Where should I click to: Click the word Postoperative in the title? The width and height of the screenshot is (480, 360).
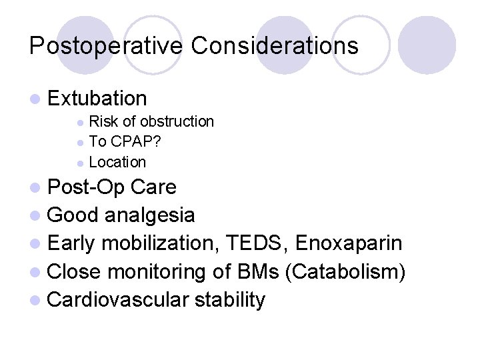point(107,46)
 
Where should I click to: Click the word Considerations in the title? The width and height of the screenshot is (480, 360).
point(275,46)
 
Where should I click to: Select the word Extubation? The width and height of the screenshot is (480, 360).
point(97,99)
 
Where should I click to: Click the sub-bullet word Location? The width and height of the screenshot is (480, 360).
point(117,162)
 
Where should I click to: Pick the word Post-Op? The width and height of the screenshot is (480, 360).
point(87,187)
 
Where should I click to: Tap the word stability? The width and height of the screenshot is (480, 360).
point(229,300)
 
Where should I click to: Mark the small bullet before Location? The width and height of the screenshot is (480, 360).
point(80,163)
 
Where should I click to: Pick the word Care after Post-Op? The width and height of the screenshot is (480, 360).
point(153,187)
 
